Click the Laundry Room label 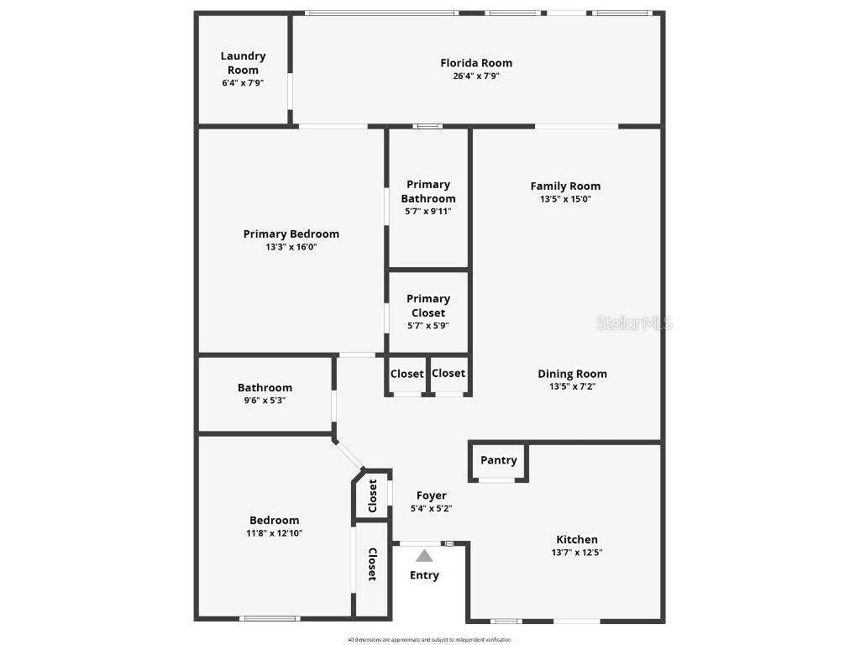tap(244, 63)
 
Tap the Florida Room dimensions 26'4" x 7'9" tap(476, 76)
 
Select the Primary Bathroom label tap(428, 191)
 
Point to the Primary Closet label tap(428, 306)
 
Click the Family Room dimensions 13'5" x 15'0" tap(565, 200)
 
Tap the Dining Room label tap(572, 374)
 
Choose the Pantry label tap(499, 460)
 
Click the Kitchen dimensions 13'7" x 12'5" tap(577, 553)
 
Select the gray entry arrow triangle tap(425, 555)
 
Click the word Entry tap(424, 575)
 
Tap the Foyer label tap(432, 496)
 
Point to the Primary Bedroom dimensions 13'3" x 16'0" tap(291, 247)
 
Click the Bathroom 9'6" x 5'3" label tap(265, 388)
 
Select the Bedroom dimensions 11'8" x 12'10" tap(274, 533)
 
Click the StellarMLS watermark tap(635, 323)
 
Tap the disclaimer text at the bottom tap(429, 640)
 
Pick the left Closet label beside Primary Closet tap(407, 374)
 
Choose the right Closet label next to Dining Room tap(448, 374)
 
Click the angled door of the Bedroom tap(349, 455)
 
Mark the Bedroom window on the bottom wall tap(269, 619)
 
